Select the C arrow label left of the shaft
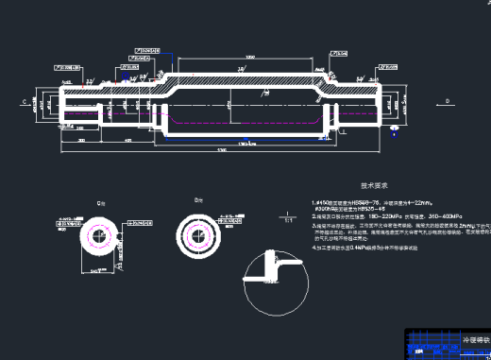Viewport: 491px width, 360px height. [23, 98]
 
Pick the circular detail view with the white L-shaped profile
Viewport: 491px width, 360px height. [275, 281]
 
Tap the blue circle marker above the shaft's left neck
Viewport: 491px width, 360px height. [161, 74]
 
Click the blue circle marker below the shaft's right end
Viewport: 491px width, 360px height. [344, 131]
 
